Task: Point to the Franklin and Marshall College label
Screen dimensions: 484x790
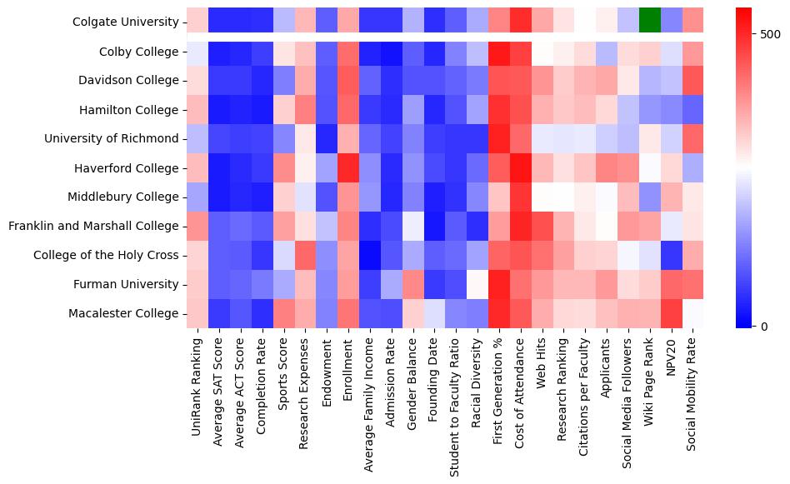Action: click(x=93, y=226)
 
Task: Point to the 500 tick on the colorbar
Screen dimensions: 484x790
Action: click(x=764, y=34)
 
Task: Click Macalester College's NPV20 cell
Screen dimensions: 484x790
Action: click(x=672, y=313)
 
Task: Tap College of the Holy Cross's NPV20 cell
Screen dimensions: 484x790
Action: click(x=672, y=255)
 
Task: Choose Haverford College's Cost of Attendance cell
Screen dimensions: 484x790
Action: click(x=521, y=167)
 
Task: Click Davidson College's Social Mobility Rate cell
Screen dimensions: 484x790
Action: click(x=693, y=81)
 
